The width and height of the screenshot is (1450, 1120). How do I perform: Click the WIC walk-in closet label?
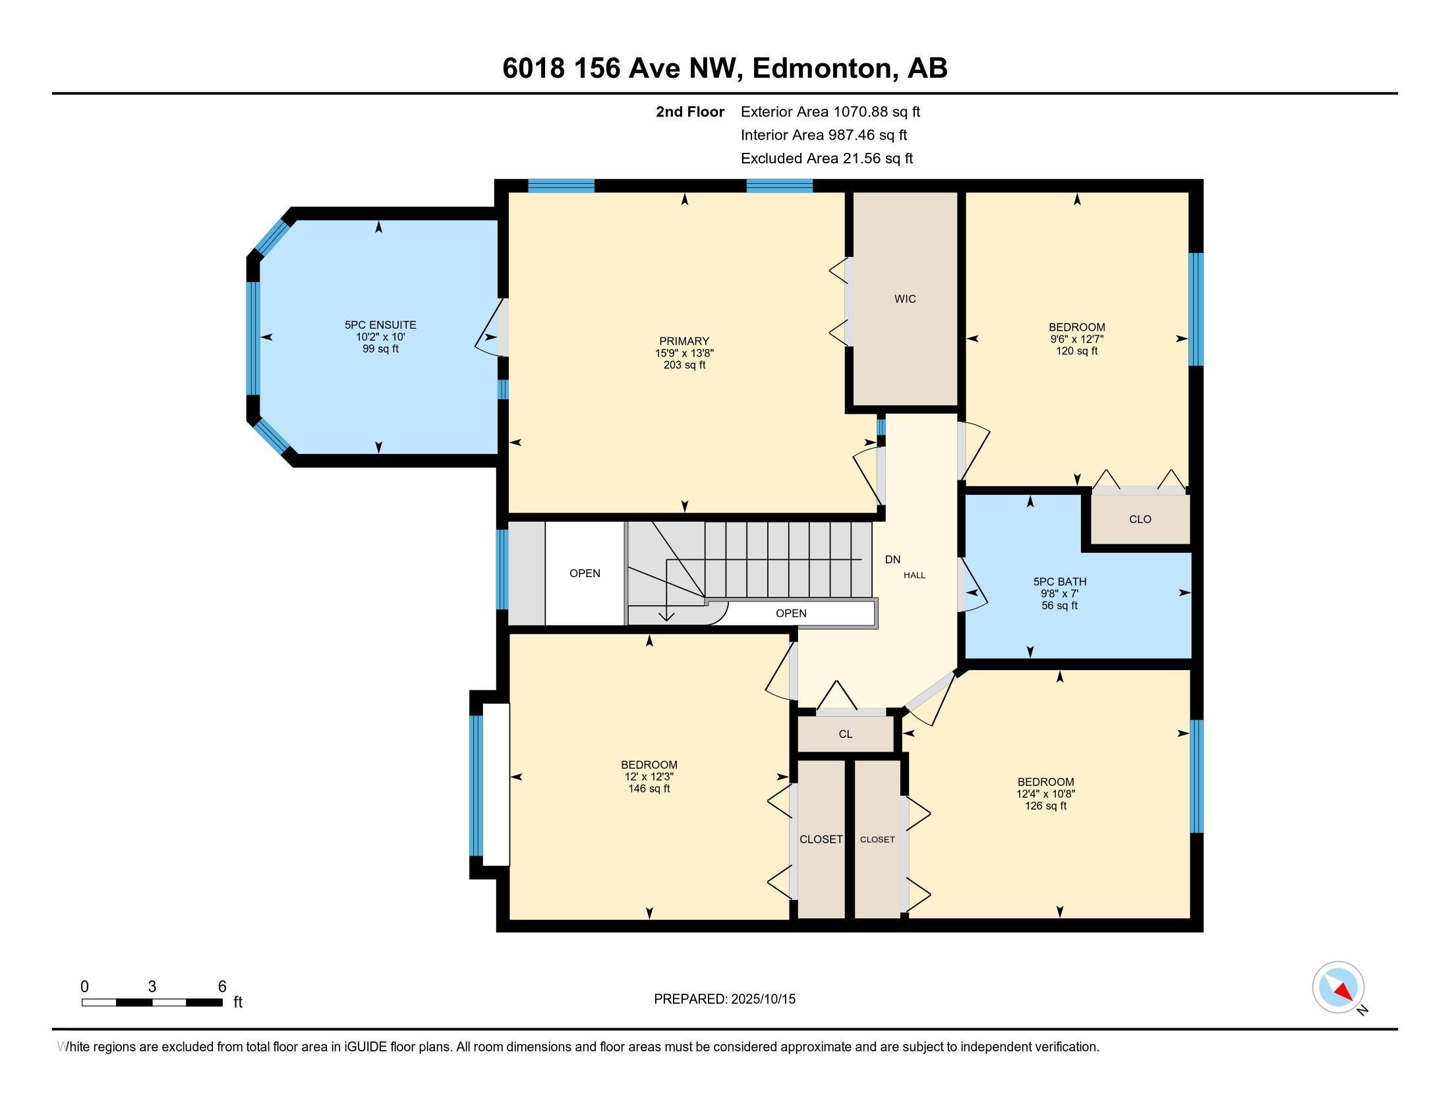coord(905,299)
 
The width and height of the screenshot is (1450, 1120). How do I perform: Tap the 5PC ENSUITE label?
coord(380,325)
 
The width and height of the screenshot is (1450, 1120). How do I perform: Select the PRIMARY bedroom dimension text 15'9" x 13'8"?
coord(684,354)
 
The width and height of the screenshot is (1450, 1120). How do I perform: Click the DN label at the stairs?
coord(892,559)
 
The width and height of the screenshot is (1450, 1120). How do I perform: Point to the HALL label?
coord(914,575)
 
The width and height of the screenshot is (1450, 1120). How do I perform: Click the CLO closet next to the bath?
coord(1140,520)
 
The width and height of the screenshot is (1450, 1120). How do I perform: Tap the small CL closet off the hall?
coord(845,734)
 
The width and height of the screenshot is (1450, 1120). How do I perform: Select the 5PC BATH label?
coord(1059,582)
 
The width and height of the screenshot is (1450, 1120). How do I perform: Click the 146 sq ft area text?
coord(649,789)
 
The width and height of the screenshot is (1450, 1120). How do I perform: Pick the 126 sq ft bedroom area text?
coord(1045,806)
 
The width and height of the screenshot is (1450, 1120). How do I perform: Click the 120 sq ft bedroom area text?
coord(1076,351)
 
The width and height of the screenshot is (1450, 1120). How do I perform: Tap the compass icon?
coord(1338,988)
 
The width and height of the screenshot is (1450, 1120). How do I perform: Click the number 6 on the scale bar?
coord(222,987)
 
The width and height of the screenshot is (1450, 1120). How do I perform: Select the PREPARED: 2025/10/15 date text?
coord(724,999)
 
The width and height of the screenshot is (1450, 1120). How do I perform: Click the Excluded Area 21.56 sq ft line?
coord(826,159)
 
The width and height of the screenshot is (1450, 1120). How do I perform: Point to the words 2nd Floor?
coord(690,112)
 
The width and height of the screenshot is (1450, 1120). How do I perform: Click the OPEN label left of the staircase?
coord(585,573)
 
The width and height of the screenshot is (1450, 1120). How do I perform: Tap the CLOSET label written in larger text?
coord(821,839)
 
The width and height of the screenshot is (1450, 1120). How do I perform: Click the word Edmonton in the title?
coord(822,69)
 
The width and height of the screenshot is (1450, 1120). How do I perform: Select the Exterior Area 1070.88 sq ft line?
coord(830,112)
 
